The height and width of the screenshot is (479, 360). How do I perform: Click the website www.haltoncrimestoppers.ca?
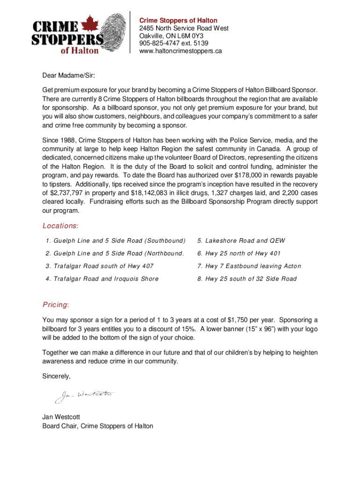pyautogui.click(x=180, y=51)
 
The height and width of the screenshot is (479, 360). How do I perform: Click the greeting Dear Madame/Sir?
pyautogui.click(x=68, y=74)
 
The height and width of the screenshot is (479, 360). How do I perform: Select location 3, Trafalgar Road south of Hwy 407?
pyautogui.click(x=100, y=266)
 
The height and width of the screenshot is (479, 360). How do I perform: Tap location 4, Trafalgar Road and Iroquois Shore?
pyautogui.click(x=102, y=279)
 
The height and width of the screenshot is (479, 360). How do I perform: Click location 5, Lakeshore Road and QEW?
pyautogui.click(x=241, y=241)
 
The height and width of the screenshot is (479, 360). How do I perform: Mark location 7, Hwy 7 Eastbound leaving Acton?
pyautogui.click(x=249, y=266)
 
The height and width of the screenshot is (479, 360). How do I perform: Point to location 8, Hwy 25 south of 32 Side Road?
pyautogui.click(x=246, y=279)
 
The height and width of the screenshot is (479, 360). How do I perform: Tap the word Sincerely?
pyautogui.click(x=57, y=376)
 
